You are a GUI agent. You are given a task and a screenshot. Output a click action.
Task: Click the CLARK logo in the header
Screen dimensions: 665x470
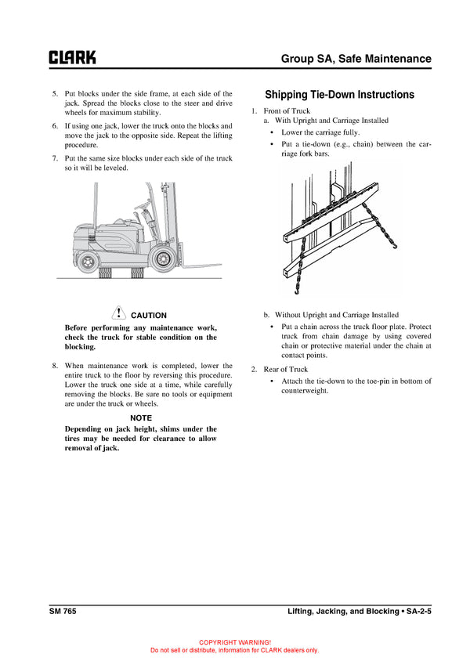click(x=73, y=58)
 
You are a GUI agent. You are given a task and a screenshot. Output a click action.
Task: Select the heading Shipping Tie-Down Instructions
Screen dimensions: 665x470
click(x=339, y=95)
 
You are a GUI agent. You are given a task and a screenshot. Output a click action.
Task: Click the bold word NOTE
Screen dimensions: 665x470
click(x=141, y=418)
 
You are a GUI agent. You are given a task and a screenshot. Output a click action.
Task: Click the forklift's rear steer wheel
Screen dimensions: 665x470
click(x=89, y=259)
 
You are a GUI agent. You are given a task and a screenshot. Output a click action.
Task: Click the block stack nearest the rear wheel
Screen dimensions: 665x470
click(x=109, y=273)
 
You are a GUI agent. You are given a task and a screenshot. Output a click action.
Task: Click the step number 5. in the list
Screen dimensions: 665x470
click(x=54, y=94)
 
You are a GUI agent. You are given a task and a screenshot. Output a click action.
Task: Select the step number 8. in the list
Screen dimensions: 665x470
click(x=54, y=366)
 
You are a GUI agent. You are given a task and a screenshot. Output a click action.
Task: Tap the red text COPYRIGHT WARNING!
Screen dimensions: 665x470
click(x=234, y=642)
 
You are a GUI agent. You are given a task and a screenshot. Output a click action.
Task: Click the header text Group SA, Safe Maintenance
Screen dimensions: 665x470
click(x=356, y=59)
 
